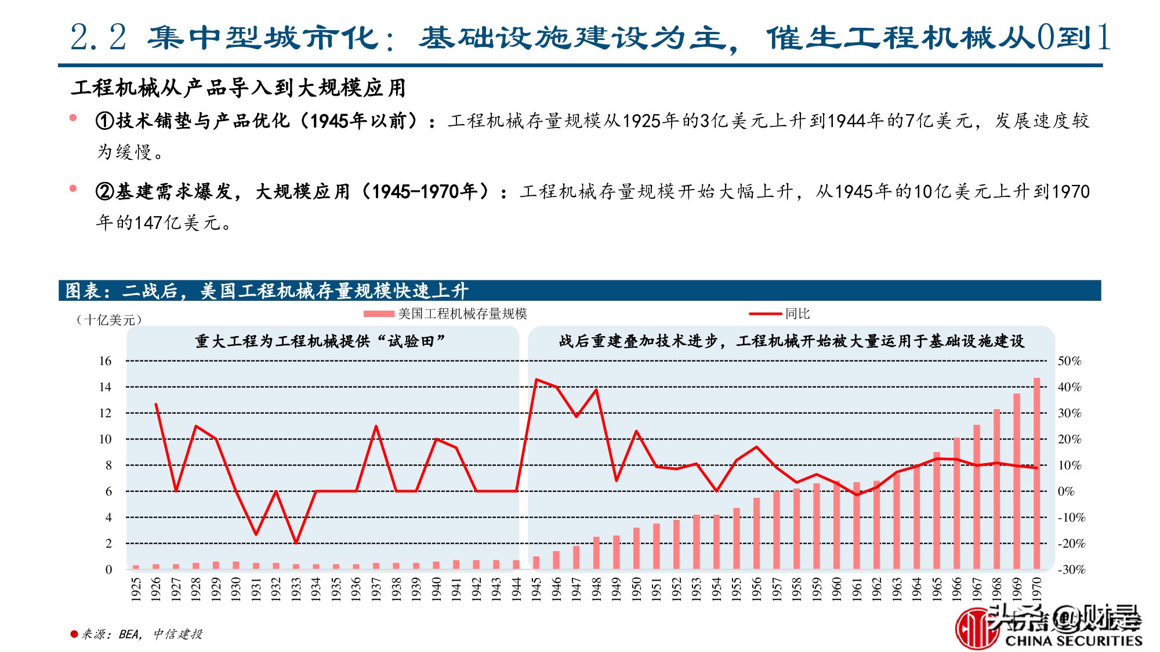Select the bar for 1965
(x=937, y=510)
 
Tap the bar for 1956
(x=756, y=533)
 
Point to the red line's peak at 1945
(x=536, y=380)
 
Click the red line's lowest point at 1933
(x=296, y=543)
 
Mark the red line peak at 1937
(x=376, y=427)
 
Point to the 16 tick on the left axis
(x=105, y=361)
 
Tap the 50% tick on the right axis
(x=1069, y=361)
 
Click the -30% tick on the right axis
(x=1071, y=570)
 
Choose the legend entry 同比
(x=797, y=314)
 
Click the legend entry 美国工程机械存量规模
(x=462, y=314)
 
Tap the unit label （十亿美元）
(x=108, y=320)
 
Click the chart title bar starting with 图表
(x=267, y=290)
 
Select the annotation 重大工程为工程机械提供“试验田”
(x=320, y=341)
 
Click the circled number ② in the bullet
(x=105, y=191)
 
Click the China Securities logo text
(x=1073, y=640)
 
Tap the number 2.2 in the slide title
(x=98, y=38)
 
